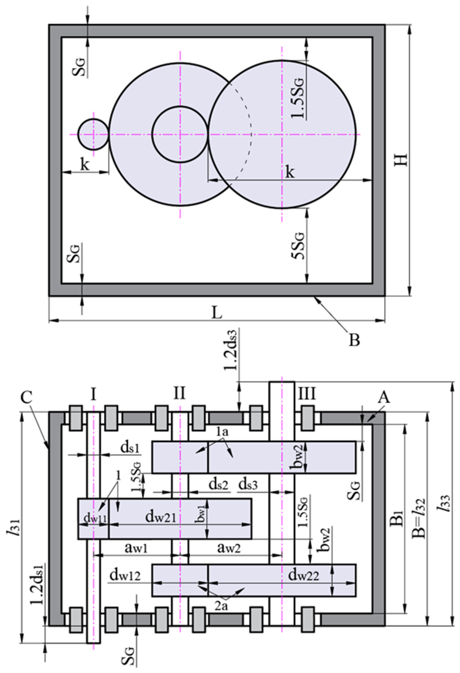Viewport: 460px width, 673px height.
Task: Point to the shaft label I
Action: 93,394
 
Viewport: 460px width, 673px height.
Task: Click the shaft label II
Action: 180,394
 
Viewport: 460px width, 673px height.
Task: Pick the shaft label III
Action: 307,394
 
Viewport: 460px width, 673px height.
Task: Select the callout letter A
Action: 384,398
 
